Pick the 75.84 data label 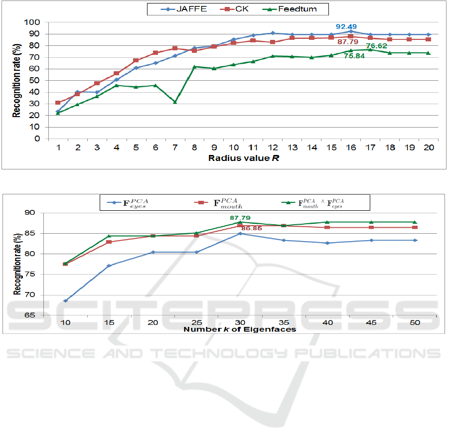point(353,56)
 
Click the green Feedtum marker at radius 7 point(175,102)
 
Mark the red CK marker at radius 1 point(58,103)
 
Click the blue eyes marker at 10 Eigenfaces point(65,300)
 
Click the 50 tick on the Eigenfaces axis point(414,323)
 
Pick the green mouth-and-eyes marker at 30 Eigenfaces point(240,222)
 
